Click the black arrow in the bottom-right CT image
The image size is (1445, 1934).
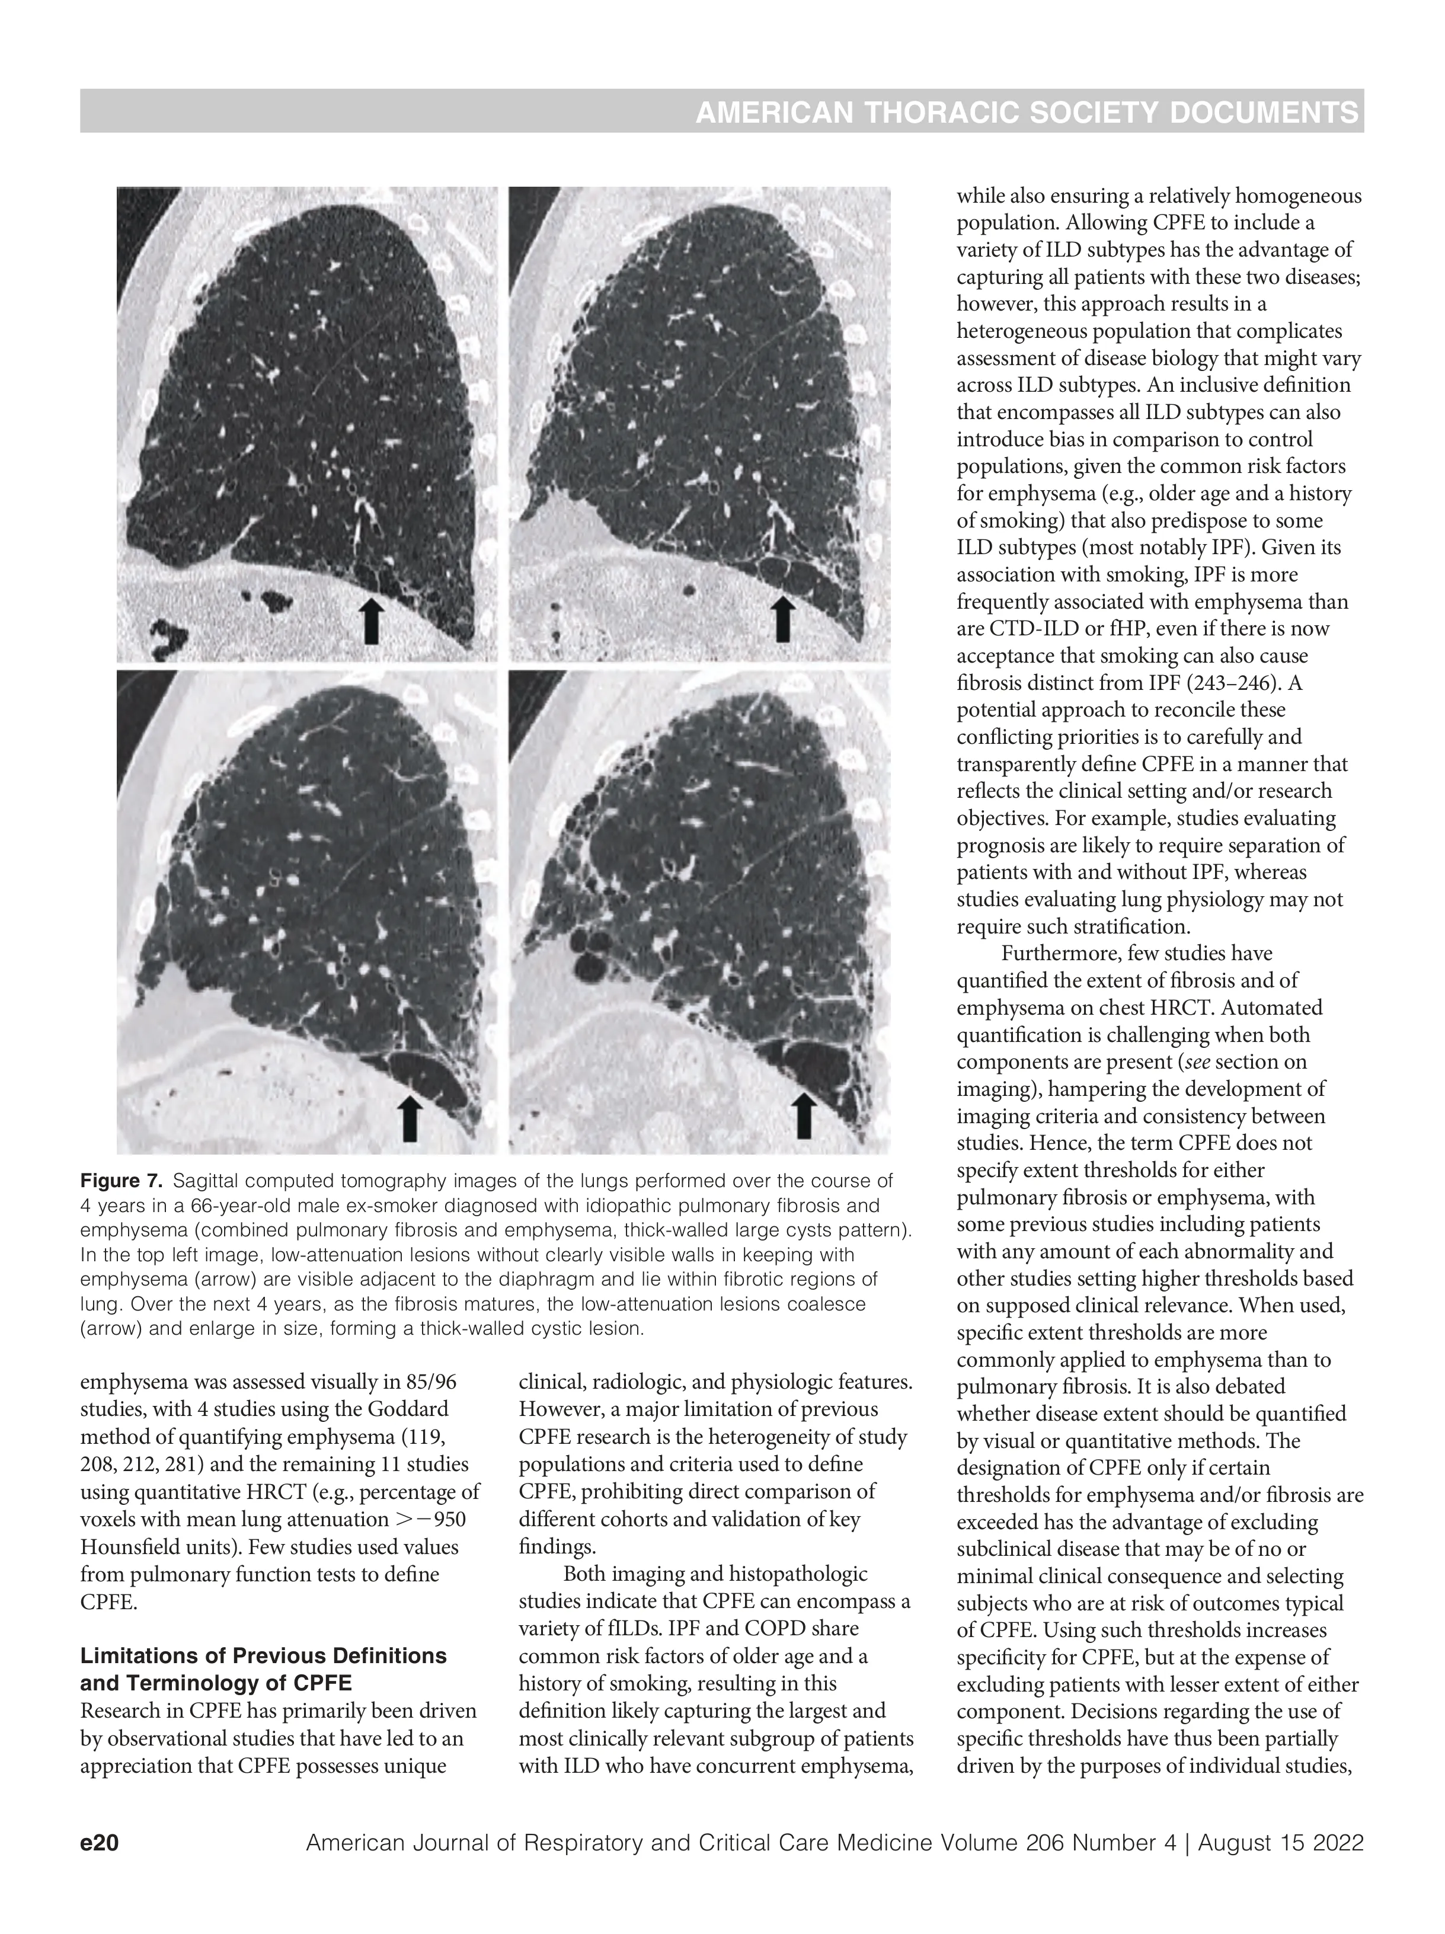804,1117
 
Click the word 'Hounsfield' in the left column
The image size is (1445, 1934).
131,1547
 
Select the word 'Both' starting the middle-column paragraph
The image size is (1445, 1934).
585,1574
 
